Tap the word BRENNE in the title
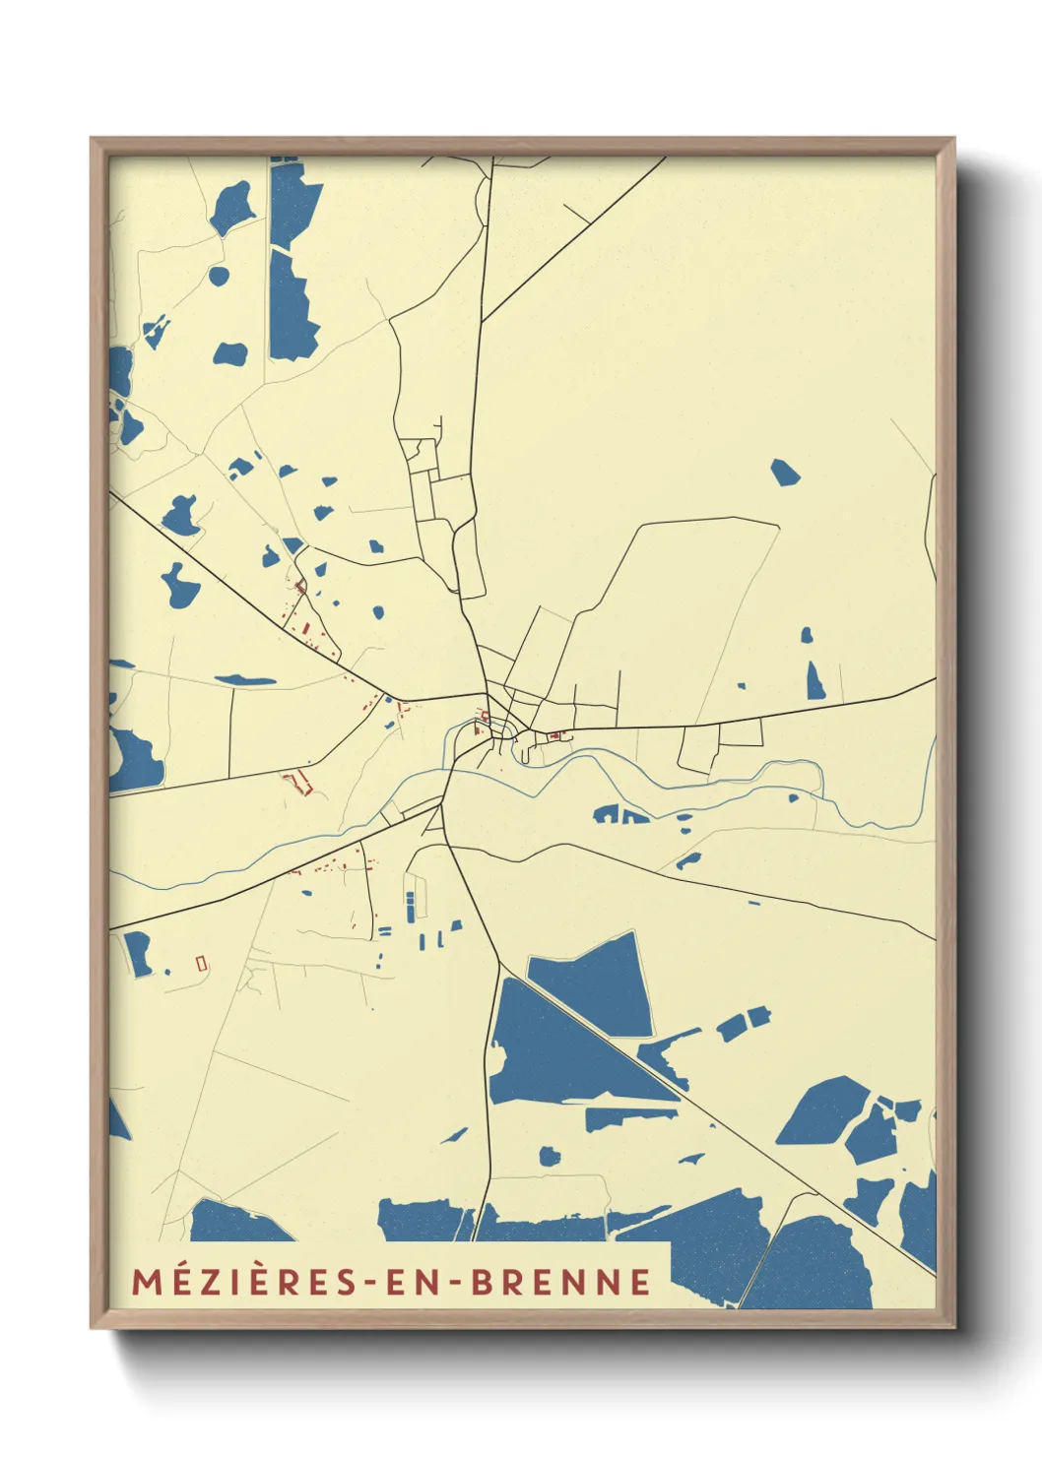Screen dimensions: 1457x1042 (x=561, y=1282)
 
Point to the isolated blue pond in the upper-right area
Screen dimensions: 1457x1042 (x=784, y=473)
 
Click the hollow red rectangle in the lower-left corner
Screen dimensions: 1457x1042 (x=202, y=964)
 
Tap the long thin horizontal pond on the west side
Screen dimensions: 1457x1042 (x=245, y=679)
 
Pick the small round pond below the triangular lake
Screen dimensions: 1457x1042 (x=550, y=1155)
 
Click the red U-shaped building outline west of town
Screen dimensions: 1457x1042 (x=297, y=783)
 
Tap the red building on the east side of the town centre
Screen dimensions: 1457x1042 (x=554, y=735)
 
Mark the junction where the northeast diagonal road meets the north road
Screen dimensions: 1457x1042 (x=482, y=321)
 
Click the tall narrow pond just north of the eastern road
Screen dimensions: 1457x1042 (x=815, y=680)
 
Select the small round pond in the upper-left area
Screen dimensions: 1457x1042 (x=219, y=276)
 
